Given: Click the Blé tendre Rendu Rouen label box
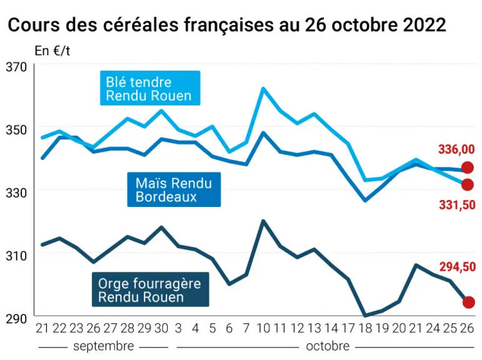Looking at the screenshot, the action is click(150, 88).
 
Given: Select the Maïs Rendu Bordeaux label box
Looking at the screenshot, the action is click(174, 189).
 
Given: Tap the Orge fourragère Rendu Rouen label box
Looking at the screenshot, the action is click(151, 289).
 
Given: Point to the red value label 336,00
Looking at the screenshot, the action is click(456, 149).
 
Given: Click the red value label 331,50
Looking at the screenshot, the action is click(457, 205).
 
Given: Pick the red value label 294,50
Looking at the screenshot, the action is click(458, 267).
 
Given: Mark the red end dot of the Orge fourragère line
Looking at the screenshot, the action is click(468, 302).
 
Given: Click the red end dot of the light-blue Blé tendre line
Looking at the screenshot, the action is click(468, 184).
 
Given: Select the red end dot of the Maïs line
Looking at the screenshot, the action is click(468, 168).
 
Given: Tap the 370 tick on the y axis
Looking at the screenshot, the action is click(16, 67).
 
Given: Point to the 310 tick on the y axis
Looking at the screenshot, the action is click(16, 256).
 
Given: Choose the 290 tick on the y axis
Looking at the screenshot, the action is click(16, 319).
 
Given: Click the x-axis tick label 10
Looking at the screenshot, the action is click(263, 329).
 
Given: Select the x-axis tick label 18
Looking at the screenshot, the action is click(366, 329).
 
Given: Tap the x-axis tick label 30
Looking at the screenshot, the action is click(161, 329).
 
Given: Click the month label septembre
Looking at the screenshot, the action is click(104, 346).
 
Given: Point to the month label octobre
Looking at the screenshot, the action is click(328, 346).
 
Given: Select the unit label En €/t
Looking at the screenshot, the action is click(53, 51).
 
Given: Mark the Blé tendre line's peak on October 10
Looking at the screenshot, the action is click(263, 89).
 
